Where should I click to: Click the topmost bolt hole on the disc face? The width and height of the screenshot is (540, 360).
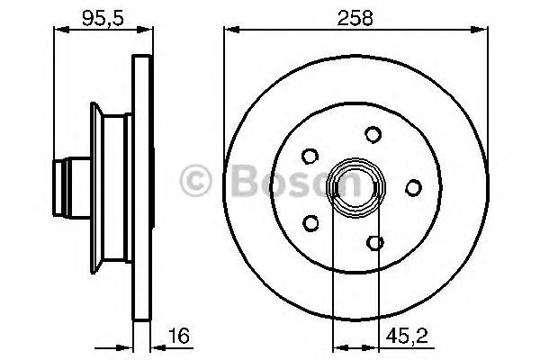click(x=372, y=134)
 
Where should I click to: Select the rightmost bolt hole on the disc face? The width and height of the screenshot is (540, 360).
click(x=413, y=187)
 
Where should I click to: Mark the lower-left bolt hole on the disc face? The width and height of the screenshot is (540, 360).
click(x=311, y=221)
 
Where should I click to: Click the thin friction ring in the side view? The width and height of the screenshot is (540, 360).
click(x=141, y=187)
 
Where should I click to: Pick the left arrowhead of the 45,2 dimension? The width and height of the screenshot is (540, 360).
click(x=337, y=346)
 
